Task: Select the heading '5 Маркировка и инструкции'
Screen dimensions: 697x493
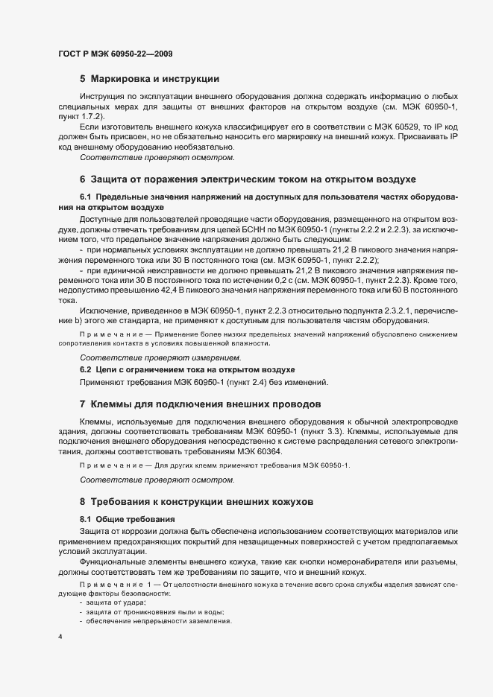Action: (148, 78)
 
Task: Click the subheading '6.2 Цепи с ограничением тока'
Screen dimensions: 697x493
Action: (187, 369)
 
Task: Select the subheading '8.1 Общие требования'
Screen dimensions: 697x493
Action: (127, 518)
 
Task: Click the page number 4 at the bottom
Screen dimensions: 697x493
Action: (60, 637)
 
